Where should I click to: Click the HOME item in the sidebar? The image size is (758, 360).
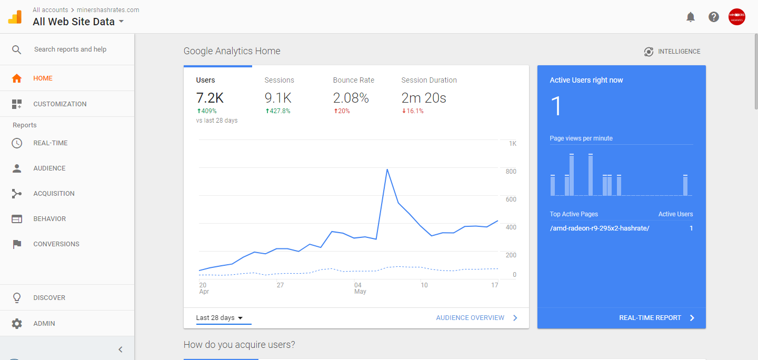pyautogui.click(x=43, y=78)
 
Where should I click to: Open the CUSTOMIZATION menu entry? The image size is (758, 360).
pyautogui.click(x=59, y=104)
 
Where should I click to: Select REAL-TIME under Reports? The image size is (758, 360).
pyautogui.click(x=50, y=143)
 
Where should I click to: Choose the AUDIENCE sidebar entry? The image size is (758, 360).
pyautogui.click(x=49, y=168)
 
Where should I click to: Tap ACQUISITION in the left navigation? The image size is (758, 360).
pyautogui.click(x=54, y=194)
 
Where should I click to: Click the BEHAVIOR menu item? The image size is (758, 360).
pyautogui.click(x=49, y=219)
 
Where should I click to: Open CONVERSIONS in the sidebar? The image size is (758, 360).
pyautogui.click(x=56, y=244)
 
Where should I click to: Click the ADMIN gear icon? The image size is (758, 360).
pyautogui.click(x=17, y=324)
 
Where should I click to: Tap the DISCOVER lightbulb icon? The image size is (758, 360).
pyautogui.click(x=17, y=298)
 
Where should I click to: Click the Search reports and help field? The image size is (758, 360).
pyautogui.click(x=70, y=49)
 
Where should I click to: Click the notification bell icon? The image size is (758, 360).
pyautogui.click(x=691, y=17)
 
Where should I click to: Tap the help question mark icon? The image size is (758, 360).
pyautogui.click(x=714, y=17)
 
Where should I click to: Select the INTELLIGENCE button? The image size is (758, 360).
pyautogui.click(x=672, y=52)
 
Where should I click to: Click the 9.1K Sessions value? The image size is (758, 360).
pyautogui.click(x=278, y=98)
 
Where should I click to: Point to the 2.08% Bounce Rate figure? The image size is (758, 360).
pyautogui.click(x=351, y=98)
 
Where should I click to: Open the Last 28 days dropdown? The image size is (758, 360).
pyautogui.click(x=219, y=318)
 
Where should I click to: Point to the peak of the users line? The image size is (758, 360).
pyautogui.click(x=387, y=169)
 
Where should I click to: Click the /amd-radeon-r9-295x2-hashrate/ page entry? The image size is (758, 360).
pyautogui.click(x=599, y=228)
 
